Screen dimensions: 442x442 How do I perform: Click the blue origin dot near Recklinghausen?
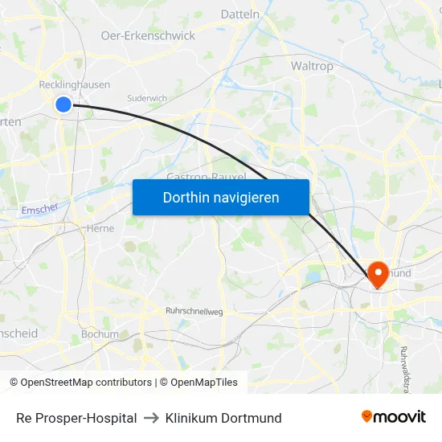click(63, 104)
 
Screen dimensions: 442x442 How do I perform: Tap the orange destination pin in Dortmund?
click(376, 274)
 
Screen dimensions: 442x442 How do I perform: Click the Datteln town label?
click(239, 14)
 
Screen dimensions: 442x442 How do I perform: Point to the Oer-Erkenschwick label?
click(148, 35)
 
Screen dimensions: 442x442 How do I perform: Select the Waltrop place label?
click(312, 66)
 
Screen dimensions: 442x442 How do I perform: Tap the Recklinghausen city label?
click(75, 84)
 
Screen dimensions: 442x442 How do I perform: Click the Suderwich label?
click(147, 98)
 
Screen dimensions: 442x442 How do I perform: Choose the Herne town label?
click(100, 228)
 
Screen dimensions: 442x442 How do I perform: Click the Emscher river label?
click(40, 210)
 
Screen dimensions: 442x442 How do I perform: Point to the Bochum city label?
click(100, 334)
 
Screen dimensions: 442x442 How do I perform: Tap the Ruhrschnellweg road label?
click(194, 311)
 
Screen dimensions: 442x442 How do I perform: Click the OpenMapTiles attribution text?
click(203, 383)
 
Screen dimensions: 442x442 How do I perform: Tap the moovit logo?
click(394, 416)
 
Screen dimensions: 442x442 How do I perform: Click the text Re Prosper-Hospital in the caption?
click(76, 418)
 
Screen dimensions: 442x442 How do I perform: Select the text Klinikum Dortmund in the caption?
click(223, 418)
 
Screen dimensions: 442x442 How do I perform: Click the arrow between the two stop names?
click(151, 418)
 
